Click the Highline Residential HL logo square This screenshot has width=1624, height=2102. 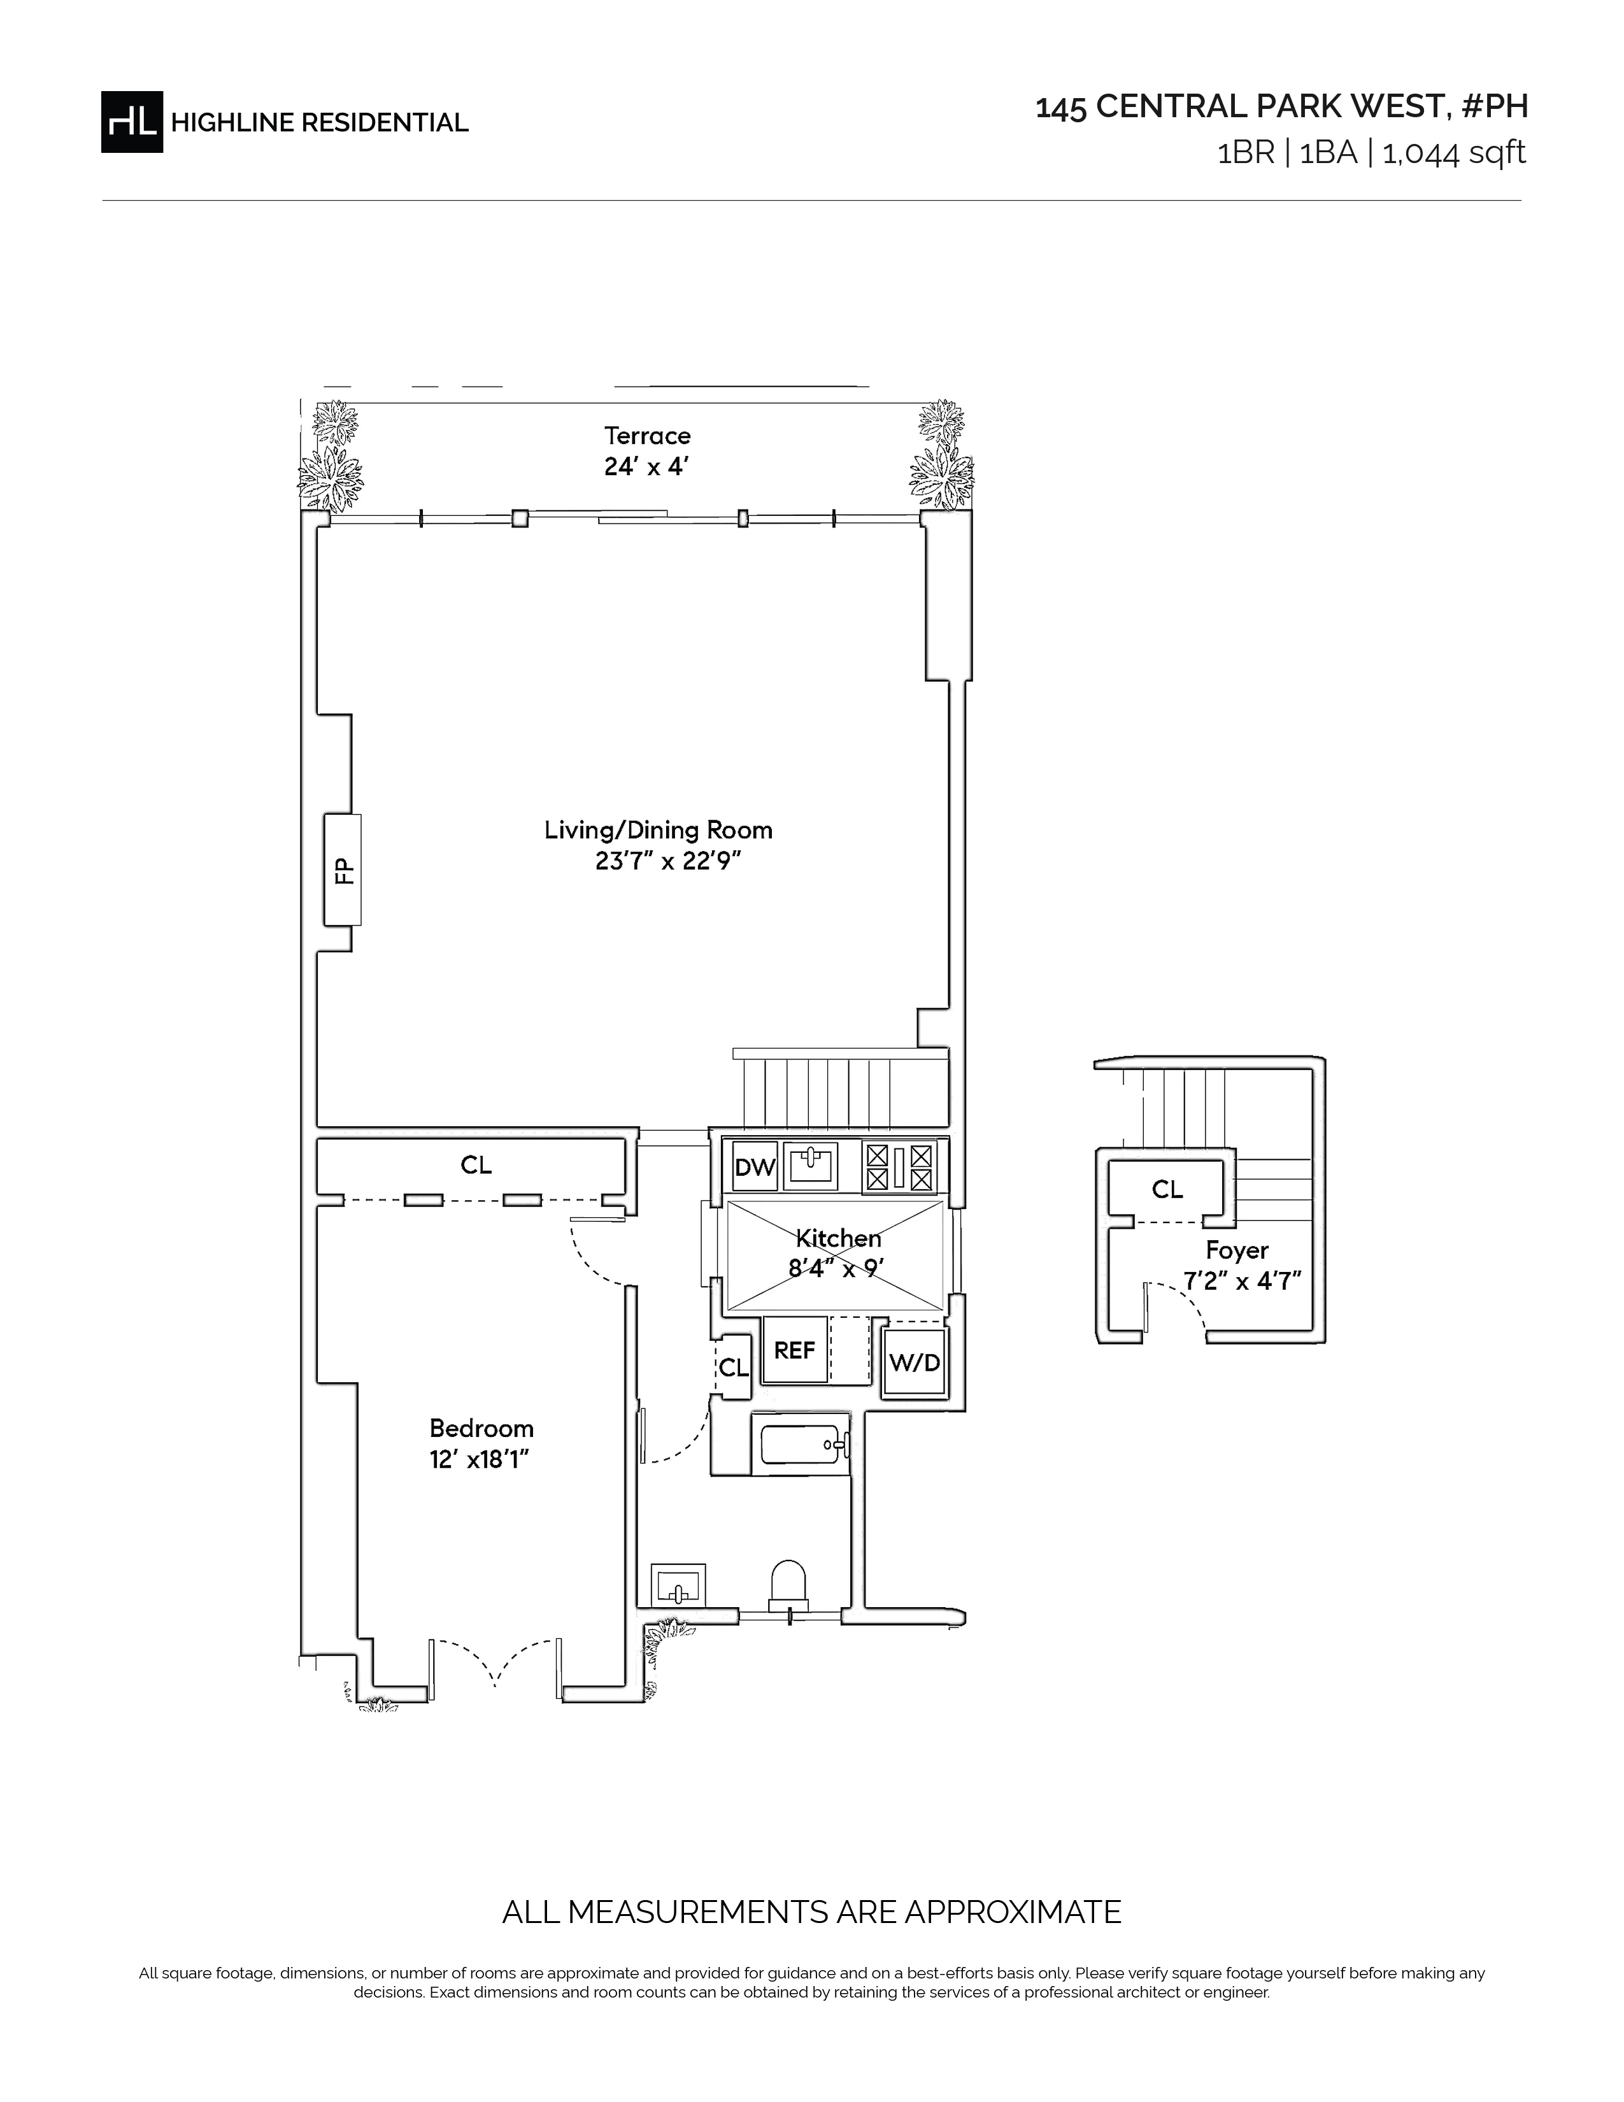point(132,121)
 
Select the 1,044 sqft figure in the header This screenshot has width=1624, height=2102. point(1454,153)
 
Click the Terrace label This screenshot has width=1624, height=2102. point(648,436)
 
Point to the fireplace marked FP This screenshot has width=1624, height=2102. point(343,869)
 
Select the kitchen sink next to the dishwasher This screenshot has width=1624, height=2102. point(811,1166)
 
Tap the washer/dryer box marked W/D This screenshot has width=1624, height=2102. point(914,1362)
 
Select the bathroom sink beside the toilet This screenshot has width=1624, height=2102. point(678,1584)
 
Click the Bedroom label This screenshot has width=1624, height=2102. point(481,1428)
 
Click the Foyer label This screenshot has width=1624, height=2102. point(1237,1250)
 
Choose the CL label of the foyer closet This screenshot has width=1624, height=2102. point(1167,1190)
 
